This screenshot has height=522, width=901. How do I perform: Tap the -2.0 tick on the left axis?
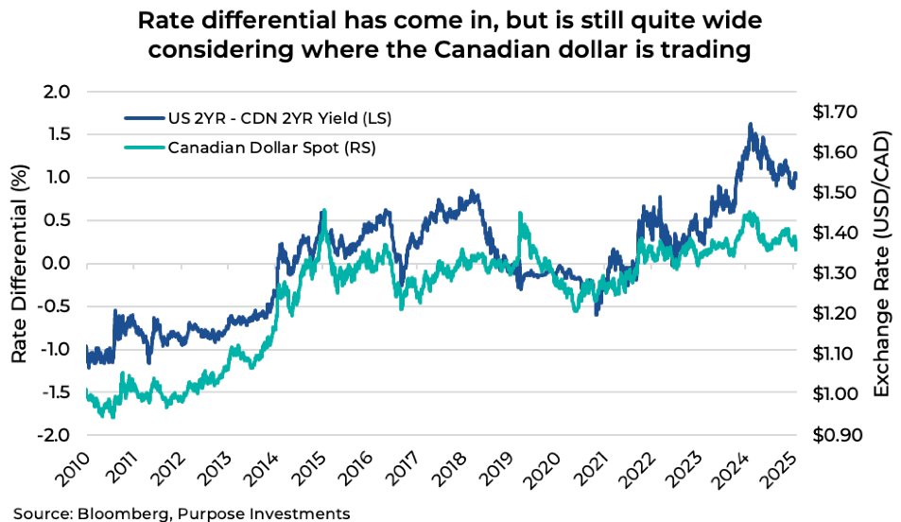[55, 435]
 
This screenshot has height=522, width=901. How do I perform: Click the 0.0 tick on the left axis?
[58, 263]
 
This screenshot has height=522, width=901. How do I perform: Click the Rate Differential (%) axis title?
[20, 264]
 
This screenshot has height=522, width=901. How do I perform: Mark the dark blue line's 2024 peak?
[750, 124]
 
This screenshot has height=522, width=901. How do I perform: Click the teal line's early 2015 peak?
[324, 211]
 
